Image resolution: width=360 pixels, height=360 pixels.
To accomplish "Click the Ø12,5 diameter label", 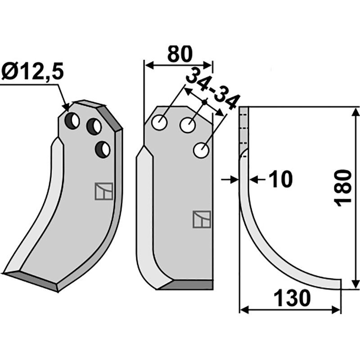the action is point(32,72).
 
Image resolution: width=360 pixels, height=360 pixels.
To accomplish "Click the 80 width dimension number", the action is point(179,54).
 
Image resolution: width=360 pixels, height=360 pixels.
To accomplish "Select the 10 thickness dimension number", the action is point(280,179).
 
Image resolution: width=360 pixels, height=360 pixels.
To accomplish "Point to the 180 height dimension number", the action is point(343,188).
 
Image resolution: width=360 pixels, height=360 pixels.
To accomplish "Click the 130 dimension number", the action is point(292,298).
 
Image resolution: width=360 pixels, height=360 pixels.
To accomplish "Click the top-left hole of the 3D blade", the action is point(72,121).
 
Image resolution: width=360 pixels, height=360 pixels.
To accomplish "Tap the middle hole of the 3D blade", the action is point(94,126).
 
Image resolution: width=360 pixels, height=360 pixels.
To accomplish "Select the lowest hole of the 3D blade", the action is point(103,150).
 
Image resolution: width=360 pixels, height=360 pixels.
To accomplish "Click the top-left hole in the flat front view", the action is point(159,122).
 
